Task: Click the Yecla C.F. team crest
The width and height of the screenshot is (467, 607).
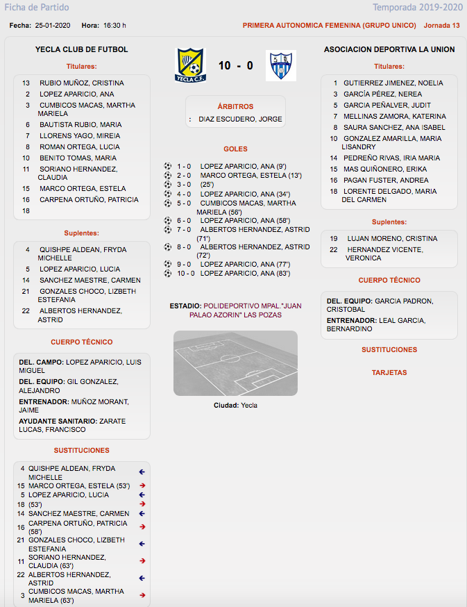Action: tap(189, 65)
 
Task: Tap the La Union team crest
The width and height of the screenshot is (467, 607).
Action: tap(280, 65)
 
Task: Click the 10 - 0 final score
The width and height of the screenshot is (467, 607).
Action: tap(235, 66)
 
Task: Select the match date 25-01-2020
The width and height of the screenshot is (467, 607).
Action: tap(53, 26)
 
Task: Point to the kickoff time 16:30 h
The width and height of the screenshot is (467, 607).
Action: tap(114, 26)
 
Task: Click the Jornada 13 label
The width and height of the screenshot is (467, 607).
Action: tap(441, 26)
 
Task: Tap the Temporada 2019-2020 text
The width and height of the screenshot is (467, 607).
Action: tap(417, 8)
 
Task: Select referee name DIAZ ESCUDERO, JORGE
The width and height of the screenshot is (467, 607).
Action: tap(240, 119)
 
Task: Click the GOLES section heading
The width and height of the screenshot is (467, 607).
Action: tap(235, 149)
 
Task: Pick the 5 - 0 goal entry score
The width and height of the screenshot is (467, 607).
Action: tap(183, 203)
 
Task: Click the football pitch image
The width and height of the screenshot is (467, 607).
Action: tap(235, 363)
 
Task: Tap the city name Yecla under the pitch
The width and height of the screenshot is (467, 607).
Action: tap(248, 406)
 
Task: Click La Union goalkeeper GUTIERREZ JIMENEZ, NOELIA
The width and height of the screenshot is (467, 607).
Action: tap(393, 83)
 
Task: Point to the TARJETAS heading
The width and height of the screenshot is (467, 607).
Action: tap(389, 373)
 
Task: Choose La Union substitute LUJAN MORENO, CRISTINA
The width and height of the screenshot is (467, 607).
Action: tap(392, 238)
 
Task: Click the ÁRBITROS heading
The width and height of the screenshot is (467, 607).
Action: tap(235, 107)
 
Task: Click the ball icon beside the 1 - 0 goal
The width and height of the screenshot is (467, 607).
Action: tap(167, 166)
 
